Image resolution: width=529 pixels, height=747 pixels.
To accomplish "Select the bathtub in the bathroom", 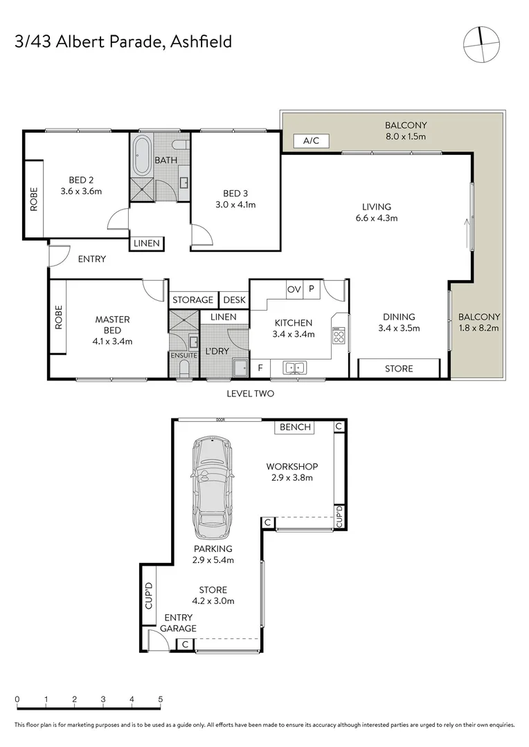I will (x=142, y=156).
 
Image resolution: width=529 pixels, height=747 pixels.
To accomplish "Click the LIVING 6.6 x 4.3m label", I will (x=377, y=212).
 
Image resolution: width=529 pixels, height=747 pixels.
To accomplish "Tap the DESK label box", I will (x=230, y=299).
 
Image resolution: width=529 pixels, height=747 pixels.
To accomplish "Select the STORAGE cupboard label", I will (x=192, y=299).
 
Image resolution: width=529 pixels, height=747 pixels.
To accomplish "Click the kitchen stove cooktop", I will (x=339, y=337).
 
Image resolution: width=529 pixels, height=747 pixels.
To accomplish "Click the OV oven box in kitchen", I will (x=294, y=289).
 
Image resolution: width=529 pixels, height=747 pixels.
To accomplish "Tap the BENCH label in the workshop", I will (x=295, y=427).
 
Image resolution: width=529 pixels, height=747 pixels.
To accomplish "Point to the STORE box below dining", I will (x=398, y=369).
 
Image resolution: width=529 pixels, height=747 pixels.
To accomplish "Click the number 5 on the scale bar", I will (x=161, y=699).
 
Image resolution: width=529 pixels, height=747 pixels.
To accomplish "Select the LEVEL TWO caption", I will (x=251, y=394).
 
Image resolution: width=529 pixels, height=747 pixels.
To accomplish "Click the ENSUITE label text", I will (x=184, y=355).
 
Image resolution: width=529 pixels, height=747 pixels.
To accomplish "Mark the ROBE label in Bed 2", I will (x=33, y=199).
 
